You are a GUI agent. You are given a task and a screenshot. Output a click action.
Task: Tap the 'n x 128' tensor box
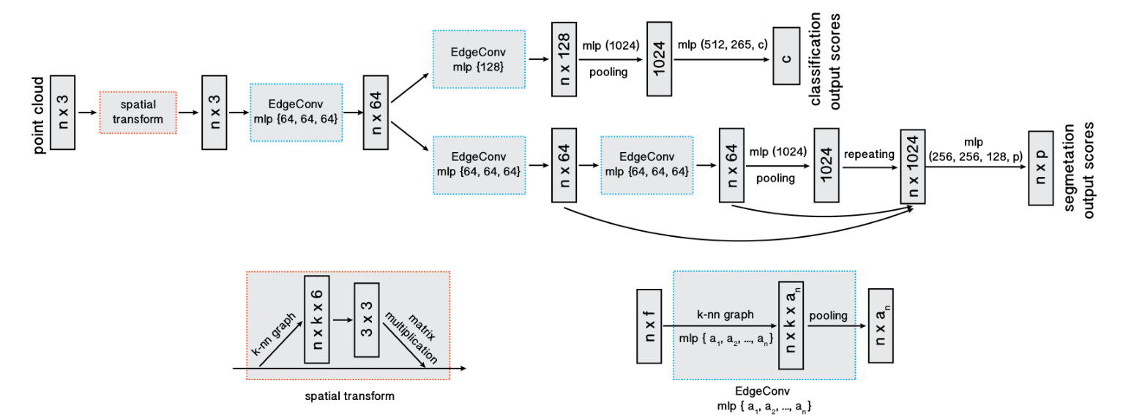point(564,58)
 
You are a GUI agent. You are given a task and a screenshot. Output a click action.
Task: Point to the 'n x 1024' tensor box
point(913,167)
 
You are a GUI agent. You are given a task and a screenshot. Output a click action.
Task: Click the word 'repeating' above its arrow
point(869,154)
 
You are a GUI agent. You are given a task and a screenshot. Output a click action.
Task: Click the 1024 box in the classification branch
point(659,58)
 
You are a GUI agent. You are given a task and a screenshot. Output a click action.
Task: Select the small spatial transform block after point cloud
point(138,113)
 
